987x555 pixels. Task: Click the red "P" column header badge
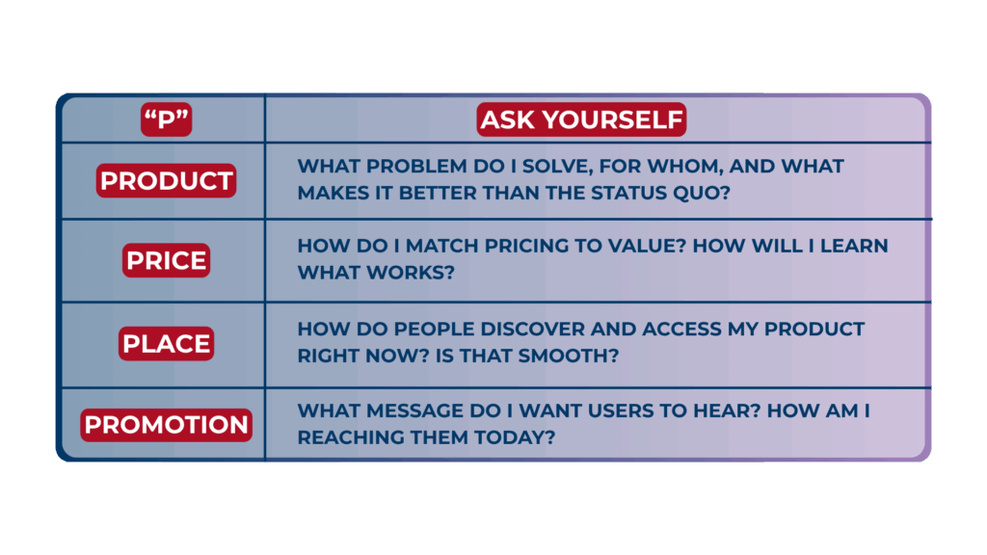coord(166,119)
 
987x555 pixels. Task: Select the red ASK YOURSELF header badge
coord(581,119)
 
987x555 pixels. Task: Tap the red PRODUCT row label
coord(166,181)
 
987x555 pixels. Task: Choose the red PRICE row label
coord(166,261)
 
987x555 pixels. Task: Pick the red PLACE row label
coord(166,344)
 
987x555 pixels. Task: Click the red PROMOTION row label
coord(166,425)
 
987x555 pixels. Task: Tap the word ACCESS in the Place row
coord(682,330)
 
